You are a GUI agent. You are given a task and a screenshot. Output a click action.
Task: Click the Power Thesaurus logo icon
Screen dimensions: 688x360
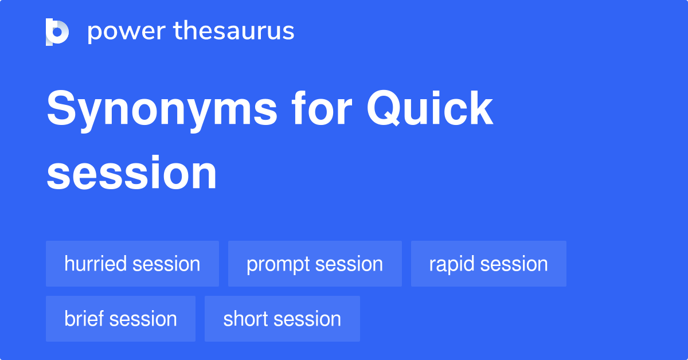[x=57, y=32]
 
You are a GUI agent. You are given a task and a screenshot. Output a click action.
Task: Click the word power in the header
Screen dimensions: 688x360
[x=127, y=32]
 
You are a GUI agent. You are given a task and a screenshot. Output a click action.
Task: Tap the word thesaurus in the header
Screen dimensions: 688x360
[x=234, y=30]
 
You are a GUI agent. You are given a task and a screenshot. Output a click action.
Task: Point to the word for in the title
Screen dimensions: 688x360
[x=322, y=108]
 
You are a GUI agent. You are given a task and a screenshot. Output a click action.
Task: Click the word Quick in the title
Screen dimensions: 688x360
[x=429, y=108]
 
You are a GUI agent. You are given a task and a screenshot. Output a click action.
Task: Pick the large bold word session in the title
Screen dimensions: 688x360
[x=132, y=173]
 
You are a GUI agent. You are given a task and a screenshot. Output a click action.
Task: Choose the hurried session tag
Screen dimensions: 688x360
[x=132, y=264]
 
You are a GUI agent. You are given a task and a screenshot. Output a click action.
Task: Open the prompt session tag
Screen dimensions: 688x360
[x=315, y=264]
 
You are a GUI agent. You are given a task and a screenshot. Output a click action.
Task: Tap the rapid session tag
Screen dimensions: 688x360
[x=488, y=264]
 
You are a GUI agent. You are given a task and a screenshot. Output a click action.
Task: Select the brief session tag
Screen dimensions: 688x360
[x=120, y=319]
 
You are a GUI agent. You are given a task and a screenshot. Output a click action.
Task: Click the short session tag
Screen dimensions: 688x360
[x=282, y=319]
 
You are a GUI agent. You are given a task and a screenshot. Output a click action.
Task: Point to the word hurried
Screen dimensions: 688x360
[x=95, y=264]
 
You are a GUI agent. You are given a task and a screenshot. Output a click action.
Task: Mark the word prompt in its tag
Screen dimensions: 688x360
[x=277, y=265]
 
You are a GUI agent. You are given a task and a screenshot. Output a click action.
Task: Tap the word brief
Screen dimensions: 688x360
[x=84, y=319]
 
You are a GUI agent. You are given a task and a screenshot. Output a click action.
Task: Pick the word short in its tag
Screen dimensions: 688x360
[x=245, y=319]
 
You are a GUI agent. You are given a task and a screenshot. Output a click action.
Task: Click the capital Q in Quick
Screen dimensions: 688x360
[x=384, y=108]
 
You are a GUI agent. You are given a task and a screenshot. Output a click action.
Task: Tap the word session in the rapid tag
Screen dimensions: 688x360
[x=514, y=264]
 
